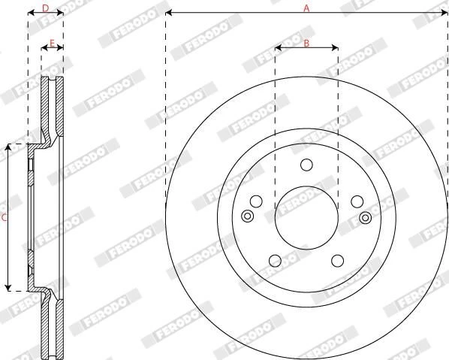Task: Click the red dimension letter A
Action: point(306,8)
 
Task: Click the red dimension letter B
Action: point(306,44)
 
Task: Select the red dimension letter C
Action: point(4,218)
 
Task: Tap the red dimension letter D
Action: point(46,8)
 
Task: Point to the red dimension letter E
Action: point(52,44)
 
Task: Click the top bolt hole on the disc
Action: point(306,165)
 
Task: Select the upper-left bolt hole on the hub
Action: point(256,201)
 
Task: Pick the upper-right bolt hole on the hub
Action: point(357,201)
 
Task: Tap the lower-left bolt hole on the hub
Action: point(276,261)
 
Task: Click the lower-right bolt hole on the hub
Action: point(338,261)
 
